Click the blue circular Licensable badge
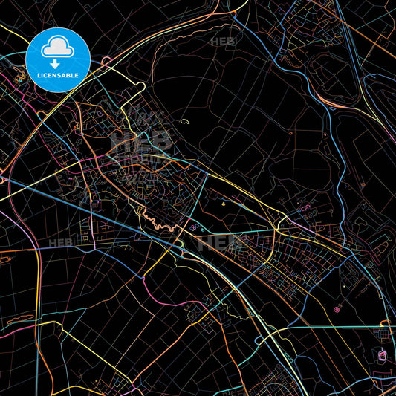(x=58, y=59)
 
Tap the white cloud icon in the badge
(x=58, y=48)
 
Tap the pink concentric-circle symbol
(x=338, y=308)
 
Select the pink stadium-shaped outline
(x=383, y=357)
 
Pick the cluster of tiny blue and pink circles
(x=194, y=227)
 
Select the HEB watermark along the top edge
(x=223, y=42)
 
